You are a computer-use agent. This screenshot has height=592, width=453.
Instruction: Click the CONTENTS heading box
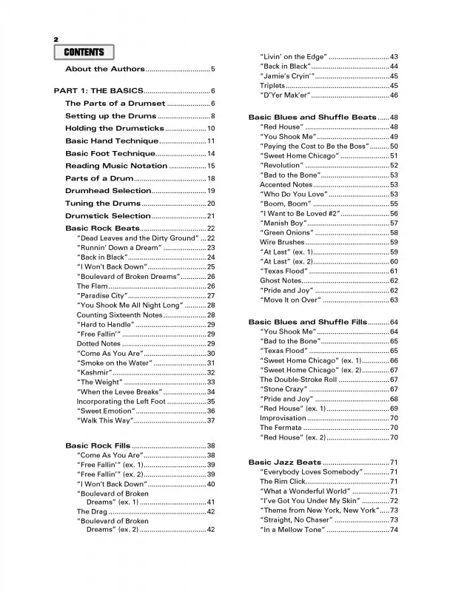point(84,52)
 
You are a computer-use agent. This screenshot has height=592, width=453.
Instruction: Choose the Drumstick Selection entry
point(107,215)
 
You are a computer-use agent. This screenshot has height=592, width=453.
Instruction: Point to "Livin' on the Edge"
point(292,57)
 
